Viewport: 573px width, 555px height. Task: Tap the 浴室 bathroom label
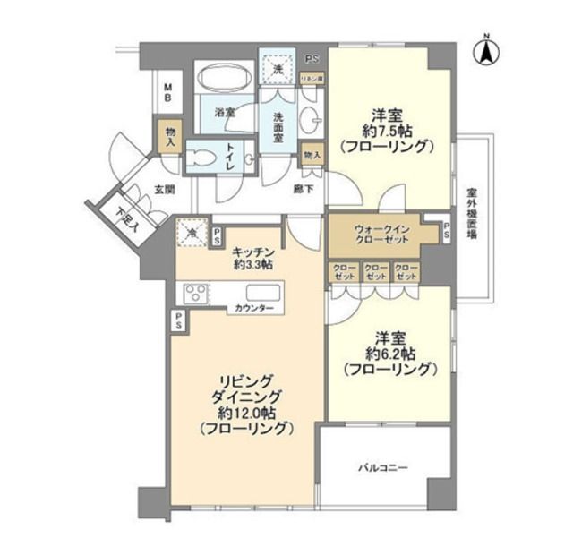[225, 113]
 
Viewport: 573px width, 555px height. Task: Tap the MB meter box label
[167, 91]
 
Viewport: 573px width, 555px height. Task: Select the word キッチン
[251, 252]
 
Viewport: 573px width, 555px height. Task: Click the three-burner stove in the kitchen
[195, 294]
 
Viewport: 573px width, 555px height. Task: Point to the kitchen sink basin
[264, 293]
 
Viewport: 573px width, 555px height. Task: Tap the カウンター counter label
[255, 309]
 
